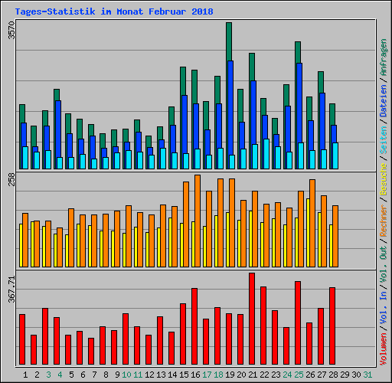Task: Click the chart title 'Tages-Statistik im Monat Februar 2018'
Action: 113,12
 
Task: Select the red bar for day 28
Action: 332,326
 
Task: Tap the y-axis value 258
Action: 11,180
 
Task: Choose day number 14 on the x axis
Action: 171,375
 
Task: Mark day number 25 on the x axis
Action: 298,375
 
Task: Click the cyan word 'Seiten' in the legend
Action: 383,141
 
